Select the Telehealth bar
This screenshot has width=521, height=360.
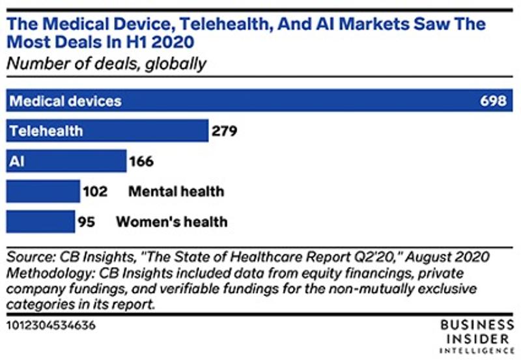pyautogui.click(x=107, y=131)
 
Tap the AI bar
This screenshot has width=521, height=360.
pyautogui.click(x=66, y=161)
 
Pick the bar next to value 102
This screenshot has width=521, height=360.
pyautogui.click(x=43, y=191)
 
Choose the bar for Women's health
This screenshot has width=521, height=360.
pyautogui.click(x=40, y=221)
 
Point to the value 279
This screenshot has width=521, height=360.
pyautogui.click(x=225, y=132)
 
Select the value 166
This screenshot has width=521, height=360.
pyautogui.click(x=142, y=161)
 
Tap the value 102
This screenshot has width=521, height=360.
pyautogui.click(x=95, y=191)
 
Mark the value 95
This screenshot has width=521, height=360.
pyautogui.click(x=87, y=222)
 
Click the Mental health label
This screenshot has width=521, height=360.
pyautogui.click(x=176, y=191)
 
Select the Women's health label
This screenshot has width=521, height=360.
pyautogui.click(x=171, y=222)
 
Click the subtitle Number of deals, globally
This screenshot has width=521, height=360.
pyautogui.click(x=107, y=63)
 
